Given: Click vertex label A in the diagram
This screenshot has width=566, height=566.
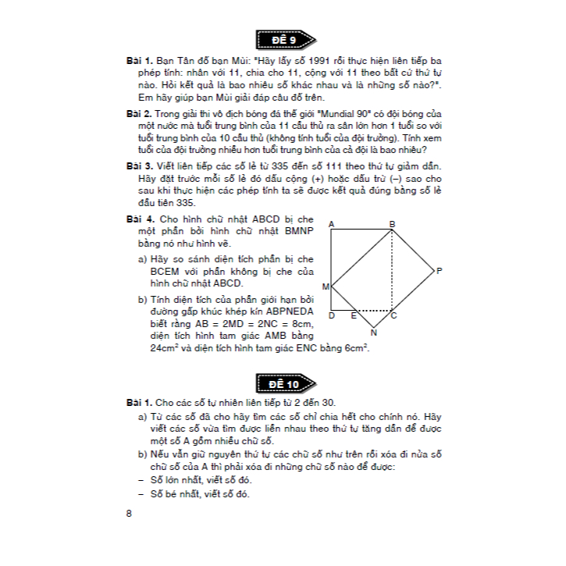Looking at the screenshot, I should [332, 225].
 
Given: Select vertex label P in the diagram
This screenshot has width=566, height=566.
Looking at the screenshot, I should [440, 271].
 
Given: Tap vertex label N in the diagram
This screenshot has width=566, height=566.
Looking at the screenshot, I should [373, 333].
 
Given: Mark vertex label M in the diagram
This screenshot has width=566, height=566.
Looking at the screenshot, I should [325, 287].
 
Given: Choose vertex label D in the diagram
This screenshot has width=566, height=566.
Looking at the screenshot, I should [332, 315].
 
